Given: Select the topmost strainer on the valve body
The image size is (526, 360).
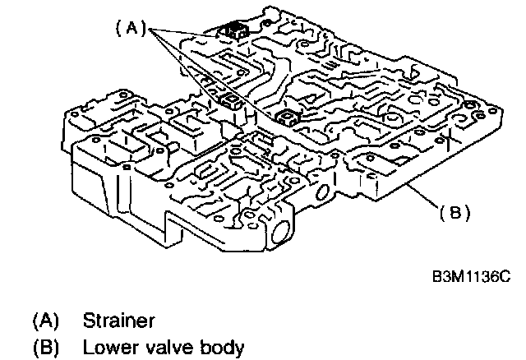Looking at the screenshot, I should pyautogui.click(x=233, y=31).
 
